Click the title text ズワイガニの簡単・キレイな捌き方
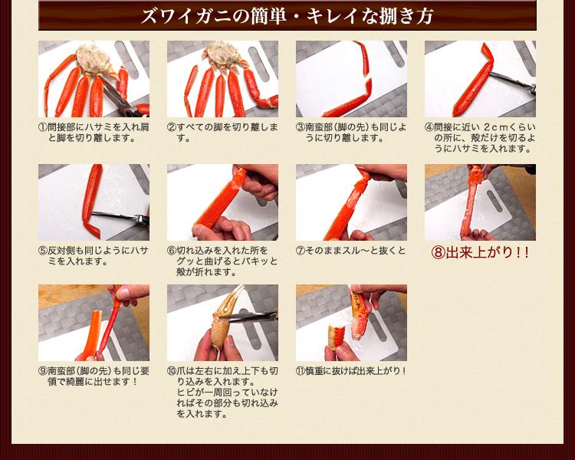[287, 16]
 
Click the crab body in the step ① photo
[94, 59]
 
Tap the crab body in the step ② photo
[222, 56]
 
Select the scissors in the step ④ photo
[513, 82]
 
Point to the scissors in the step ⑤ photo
[120, 217]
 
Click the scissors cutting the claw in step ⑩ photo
[249, 316]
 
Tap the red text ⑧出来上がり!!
[480, 252]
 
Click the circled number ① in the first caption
[43, 128]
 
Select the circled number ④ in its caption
[429, 128]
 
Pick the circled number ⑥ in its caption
[172, 251]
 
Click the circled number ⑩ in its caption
[172, 371]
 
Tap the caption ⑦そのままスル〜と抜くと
[350, 251]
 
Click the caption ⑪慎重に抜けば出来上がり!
[351, 371]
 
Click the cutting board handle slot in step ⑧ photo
[495, 200]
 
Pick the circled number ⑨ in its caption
[43, 371]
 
